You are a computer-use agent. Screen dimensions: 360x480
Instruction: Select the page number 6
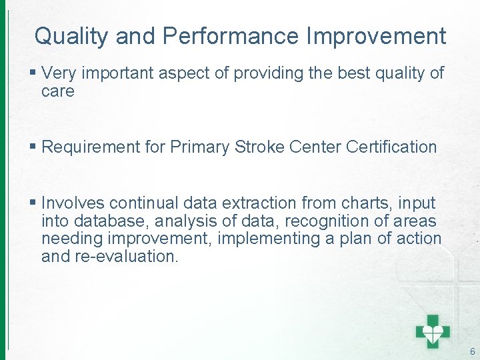473,351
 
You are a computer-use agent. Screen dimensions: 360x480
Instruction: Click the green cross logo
433,330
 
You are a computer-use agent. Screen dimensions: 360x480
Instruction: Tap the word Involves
73,203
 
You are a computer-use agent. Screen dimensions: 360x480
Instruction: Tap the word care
57,91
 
